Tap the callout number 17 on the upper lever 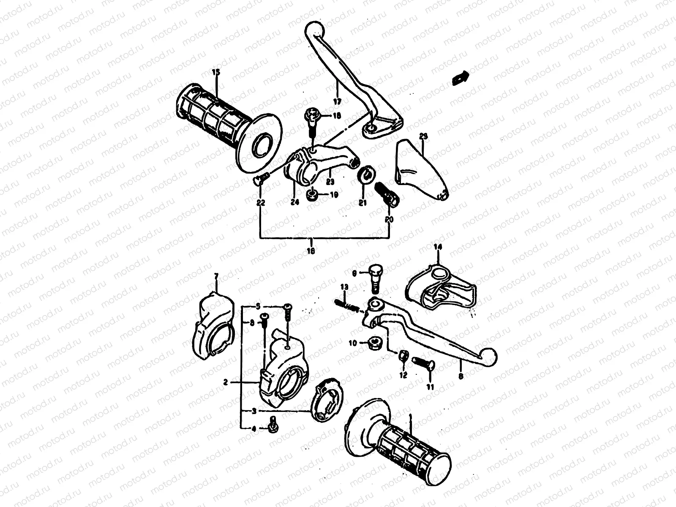(x=337, y=101)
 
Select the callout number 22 (x=261, y=203)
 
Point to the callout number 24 (x=294, y=202)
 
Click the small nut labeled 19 (x=313, y=195)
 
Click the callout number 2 (x=225, y=382)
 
